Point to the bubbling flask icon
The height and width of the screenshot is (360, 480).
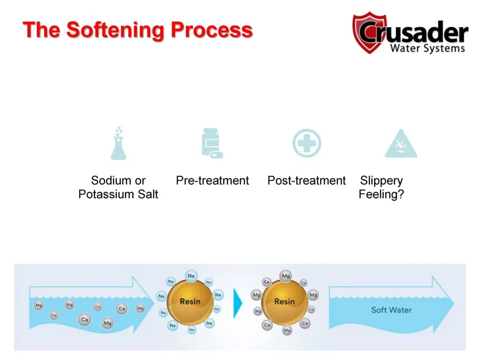pyautogui.click(x=119, y=143)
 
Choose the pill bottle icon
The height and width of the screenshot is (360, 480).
pyautogui.click(x=211, y=143)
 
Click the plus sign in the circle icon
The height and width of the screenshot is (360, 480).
pyautogui.click(x=307, y=143)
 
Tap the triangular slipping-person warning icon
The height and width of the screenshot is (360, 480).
pyautogui.click(x=401, y=144)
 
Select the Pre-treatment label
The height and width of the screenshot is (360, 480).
pyautogui.click(x=212, y=180)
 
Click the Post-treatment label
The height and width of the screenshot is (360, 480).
pyautogui.click(x=307, y=180)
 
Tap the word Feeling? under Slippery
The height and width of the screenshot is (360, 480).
pyautogui.click(x=381, y=194)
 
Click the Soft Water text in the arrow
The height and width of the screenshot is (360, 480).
pyautogui.click(x=391, y=310)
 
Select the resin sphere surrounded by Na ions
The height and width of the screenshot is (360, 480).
pyautogui.click(x=190, y=301)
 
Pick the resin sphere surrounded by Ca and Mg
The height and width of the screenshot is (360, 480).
pyautogui.click(x=284, y=301)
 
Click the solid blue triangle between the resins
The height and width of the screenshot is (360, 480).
pyautogui.click(x=238, y=303)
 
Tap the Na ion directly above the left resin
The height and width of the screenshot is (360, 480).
pyautogui.click(x=191, y=276)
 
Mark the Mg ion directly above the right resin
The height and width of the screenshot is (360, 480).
pyautogui.click(x=285, y=276)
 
